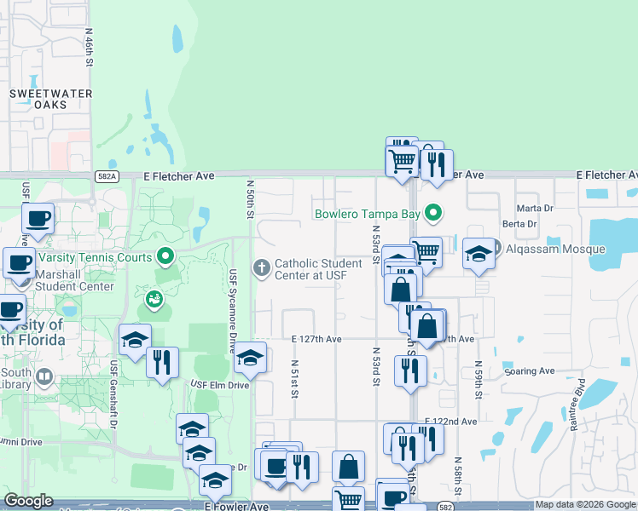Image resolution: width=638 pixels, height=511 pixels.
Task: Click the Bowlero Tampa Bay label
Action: (368, 213)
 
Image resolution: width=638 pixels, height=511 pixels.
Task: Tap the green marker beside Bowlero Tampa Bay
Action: (434, 213)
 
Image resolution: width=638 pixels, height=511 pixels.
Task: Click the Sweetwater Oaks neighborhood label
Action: (49, 98)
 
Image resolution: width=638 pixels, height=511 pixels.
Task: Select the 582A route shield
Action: (107, 175)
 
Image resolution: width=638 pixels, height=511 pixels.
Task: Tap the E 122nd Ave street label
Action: (449, 422)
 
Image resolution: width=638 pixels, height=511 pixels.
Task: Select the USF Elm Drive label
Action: (219, 385)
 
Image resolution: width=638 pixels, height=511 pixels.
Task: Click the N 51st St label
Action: (293, 378)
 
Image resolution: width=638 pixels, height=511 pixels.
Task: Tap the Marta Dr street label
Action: (536, 208)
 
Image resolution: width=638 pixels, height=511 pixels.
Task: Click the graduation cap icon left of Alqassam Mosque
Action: (478, 253)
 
